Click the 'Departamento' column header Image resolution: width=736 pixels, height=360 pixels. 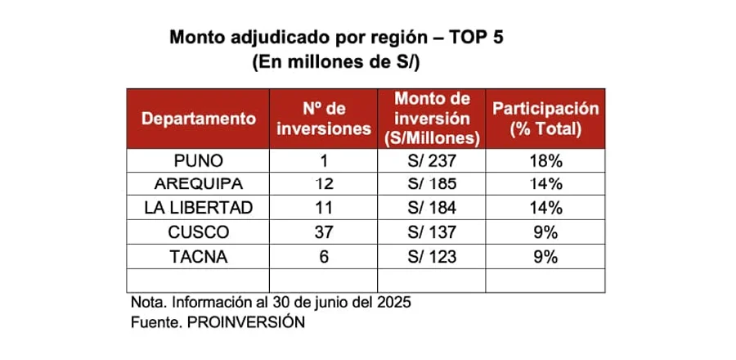click(199, 118)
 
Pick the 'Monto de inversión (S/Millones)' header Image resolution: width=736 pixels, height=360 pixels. click(432, 118)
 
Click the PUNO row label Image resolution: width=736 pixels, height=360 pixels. click(199, 161)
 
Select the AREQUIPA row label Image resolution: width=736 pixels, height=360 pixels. click(199, 184)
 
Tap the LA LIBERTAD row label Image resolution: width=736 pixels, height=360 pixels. click(199, 209)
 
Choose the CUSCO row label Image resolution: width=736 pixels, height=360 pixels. click(199, 232)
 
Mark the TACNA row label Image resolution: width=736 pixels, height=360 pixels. click(199, 257)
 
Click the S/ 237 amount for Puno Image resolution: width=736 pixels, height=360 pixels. click(432, 161)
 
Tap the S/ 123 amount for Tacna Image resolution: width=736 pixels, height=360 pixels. click(432, 257)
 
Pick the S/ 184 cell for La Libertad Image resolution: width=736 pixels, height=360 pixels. click(432, 209)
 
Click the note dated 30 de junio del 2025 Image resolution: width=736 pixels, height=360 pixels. click(271, 303)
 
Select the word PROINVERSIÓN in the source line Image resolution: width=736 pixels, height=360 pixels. click(245, 322)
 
